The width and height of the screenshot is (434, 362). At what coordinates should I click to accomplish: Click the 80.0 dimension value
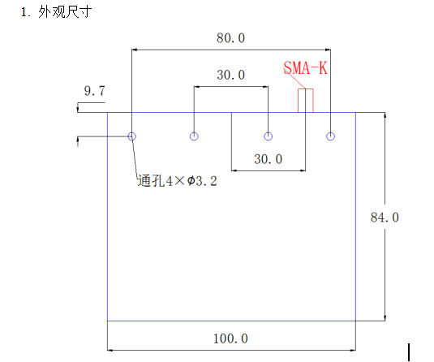230,38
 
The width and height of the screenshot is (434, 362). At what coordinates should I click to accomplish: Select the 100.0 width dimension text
230,338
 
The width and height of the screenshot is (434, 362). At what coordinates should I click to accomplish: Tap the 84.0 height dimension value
385,218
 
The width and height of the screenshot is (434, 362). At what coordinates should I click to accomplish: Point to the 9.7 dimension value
95,91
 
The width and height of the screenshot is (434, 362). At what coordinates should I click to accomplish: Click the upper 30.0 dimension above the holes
231,75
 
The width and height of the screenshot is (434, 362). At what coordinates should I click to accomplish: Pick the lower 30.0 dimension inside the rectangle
269,159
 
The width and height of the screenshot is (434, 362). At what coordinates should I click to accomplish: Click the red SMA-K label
306,68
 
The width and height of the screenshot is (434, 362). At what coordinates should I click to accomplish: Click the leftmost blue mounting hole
132,136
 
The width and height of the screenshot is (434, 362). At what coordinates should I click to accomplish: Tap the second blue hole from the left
194,136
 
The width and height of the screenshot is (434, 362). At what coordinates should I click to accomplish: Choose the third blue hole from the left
268,136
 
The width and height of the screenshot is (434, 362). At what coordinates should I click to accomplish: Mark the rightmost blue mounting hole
330,136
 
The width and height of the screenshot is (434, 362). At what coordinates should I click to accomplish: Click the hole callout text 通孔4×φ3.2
178,181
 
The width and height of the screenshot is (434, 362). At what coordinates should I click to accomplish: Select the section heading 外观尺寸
65,12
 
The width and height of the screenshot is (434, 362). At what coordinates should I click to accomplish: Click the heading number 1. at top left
25,13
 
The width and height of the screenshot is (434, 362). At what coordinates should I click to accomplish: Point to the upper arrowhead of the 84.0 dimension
385,115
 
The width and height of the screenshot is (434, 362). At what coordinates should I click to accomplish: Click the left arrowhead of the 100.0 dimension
110,351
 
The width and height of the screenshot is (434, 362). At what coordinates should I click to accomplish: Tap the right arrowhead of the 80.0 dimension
328,50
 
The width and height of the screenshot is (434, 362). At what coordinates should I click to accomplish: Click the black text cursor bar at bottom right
409,352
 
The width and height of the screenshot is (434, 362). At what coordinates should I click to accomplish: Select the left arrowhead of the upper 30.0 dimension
197,87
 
